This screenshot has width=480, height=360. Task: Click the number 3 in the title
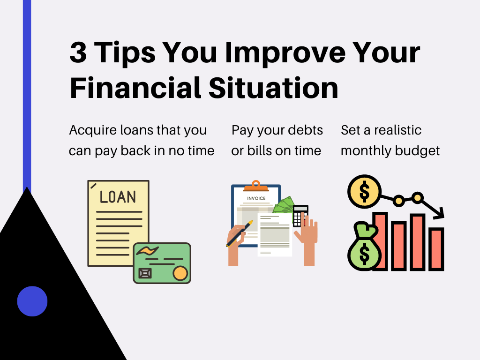pos(78,52)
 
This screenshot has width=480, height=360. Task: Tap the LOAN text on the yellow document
pos(118,197)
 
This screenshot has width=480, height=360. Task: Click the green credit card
pos(162,262)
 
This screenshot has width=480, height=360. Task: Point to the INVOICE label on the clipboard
pos(256,198)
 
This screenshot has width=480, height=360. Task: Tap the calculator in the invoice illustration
pos(300,216)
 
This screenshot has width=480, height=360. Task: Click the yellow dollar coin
pos(364,191)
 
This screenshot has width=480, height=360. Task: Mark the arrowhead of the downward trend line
pos(439,214)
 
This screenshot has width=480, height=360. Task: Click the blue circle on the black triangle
pos(32,301)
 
